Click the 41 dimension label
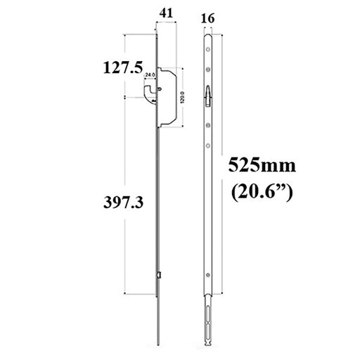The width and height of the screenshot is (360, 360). tap(166, 13)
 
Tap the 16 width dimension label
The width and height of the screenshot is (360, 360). tap(207, 18)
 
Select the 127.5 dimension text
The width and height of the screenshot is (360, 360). tap(123, 67)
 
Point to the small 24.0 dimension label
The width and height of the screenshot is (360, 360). tap(150, 75)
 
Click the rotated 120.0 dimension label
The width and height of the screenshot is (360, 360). tap(183, 97)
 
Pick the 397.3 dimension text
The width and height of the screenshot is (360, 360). tap(123, 202)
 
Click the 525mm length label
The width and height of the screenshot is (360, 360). tap(262, 165)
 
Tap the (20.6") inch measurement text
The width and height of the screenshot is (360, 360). tap(262, 193)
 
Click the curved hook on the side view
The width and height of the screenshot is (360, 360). tap(150, 94)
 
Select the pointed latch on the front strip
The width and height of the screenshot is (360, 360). tap(208, 96)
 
